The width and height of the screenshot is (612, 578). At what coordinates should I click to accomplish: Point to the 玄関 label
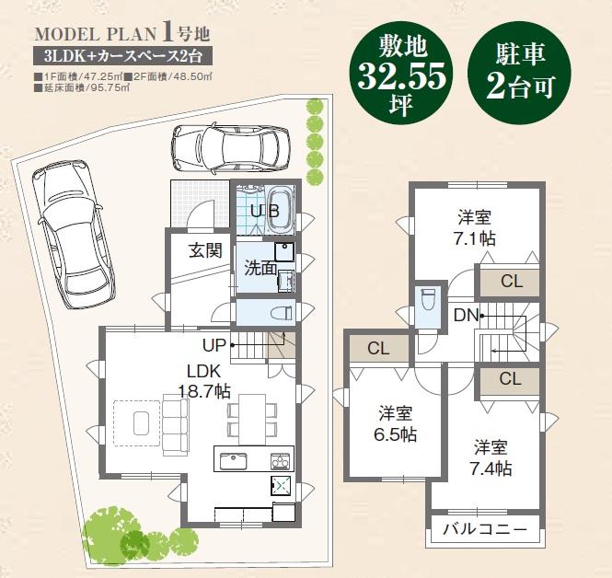coord(205,250)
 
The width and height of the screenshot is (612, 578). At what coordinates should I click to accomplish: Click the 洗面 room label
coord(260,269)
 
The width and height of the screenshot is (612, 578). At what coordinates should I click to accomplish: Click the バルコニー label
coord(484,530)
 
